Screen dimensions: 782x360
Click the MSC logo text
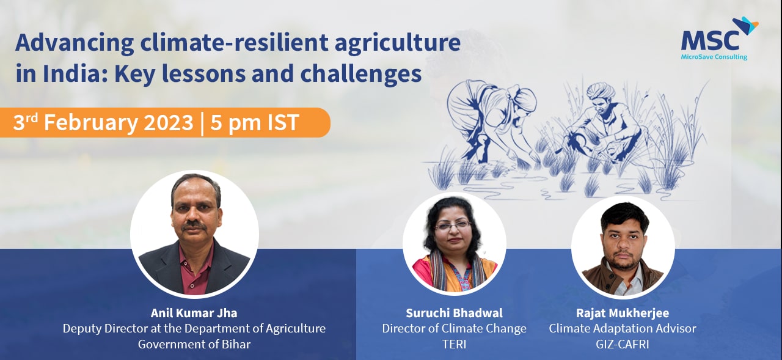(710, 40)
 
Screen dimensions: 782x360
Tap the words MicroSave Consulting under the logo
(714, 57)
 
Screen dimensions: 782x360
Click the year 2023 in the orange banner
(168, 122)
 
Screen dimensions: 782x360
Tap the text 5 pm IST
(255, 122)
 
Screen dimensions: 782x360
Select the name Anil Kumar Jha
(194, 313)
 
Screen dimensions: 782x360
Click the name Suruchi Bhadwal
(454, 313)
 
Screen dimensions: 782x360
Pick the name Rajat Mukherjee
(623, 313)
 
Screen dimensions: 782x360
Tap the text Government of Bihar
(194, 344)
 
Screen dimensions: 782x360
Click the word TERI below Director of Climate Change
(454, 344)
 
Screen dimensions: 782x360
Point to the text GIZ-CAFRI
(623, 344)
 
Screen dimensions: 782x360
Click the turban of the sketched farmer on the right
(601, 91)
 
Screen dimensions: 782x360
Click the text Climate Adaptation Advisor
(623, 329)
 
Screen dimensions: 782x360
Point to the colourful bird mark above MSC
(745, 26)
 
